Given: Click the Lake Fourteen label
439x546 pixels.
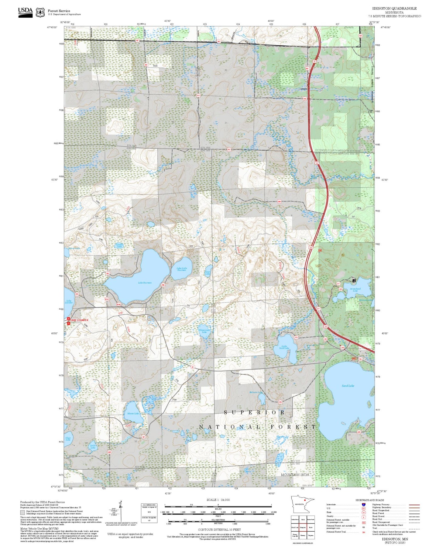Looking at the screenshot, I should click(x=145, y=283).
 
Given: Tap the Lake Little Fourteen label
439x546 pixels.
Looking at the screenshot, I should click(x=182, y=269).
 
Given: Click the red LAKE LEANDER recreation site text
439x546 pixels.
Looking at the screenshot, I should click(x=79, y=320).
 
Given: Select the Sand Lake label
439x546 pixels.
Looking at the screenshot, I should click(x=348, y=386).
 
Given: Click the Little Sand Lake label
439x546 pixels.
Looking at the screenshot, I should click(x=284, y=347).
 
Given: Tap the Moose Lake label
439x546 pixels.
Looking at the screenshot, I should click(x=133, y=414).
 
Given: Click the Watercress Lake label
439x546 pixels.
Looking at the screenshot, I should click(x=204, y=331).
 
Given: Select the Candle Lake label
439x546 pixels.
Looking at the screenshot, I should click(x=119, y=245).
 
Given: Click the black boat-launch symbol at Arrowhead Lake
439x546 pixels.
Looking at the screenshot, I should click(x=354, y=280).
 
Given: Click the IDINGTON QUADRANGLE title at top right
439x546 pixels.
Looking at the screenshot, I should click(x=394, y=9).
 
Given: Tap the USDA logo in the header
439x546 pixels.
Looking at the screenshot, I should click(x=25, y=12).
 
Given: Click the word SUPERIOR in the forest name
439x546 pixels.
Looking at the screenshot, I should click(x=254, y=412).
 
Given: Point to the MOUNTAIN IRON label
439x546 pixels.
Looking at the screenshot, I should click(x=295, y=475).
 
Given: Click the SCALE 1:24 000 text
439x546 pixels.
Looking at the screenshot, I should click(x=218, y=500).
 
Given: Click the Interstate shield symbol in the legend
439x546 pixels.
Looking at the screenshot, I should click(x=364, y=505).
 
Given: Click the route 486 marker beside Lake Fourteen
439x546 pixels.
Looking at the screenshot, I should click(x=163, y=285).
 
